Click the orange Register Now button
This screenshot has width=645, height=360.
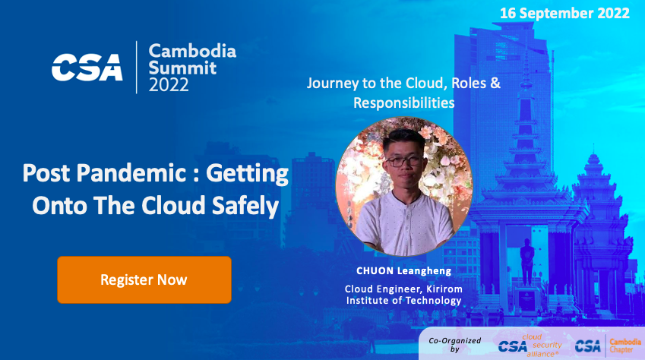144,279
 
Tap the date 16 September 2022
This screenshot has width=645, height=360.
564,13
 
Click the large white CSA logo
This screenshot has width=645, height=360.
87,68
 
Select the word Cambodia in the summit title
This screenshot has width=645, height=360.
192,51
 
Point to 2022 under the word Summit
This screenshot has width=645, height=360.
169,85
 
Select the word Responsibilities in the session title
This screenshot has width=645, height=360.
404,103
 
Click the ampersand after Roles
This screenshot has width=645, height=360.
495,83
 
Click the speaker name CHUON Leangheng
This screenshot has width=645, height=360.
404,270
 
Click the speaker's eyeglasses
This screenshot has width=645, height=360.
404,161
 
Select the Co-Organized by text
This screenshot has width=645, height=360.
454,345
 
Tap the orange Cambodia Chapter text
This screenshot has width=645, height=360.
625,346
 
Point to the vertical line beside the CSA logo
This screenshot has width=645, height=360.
137,67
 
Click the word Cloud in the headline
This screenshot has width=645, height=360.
173,205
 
